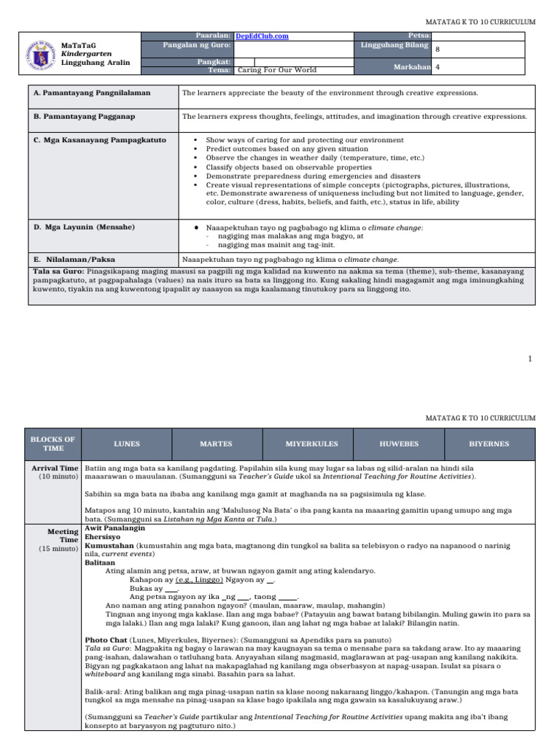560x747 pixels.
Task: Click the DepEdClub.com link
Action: pos(262,36)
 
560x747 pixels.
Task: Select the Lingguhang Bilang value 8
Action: pos(437,50)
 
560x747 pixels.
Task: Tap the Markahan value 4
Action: pos(437,66)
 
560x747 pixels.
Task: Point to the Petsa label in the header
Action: pos(416,35)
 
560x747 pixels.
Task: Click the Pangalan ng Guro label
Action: pos(197,44)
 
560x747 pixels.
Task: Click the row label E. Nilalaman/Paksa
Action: pos(74,259)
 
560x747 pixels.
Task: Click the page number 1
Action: pos(530,358)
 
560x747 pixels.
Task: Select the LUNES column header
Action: pos(128,444)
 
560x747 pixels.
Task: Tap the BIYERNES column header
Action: pos(489,444)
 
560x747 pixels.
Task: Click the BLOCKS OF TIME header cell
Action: pos(52,444)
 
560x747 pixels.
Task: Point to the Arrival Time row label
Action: pos(55,467)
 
